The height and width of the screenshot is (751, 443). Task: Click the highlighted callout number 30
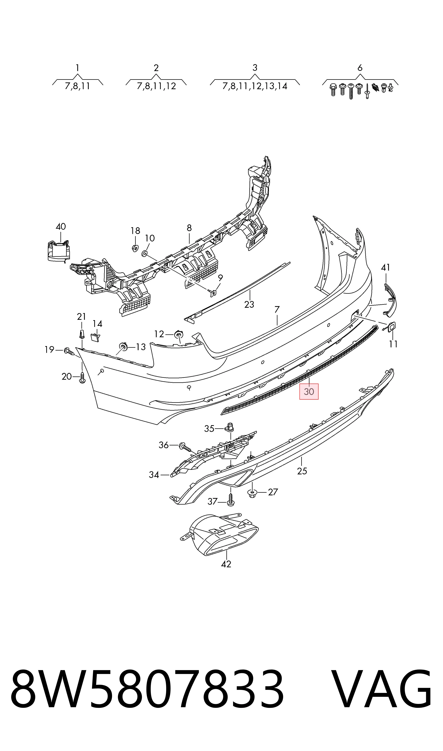click(309, 391)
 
